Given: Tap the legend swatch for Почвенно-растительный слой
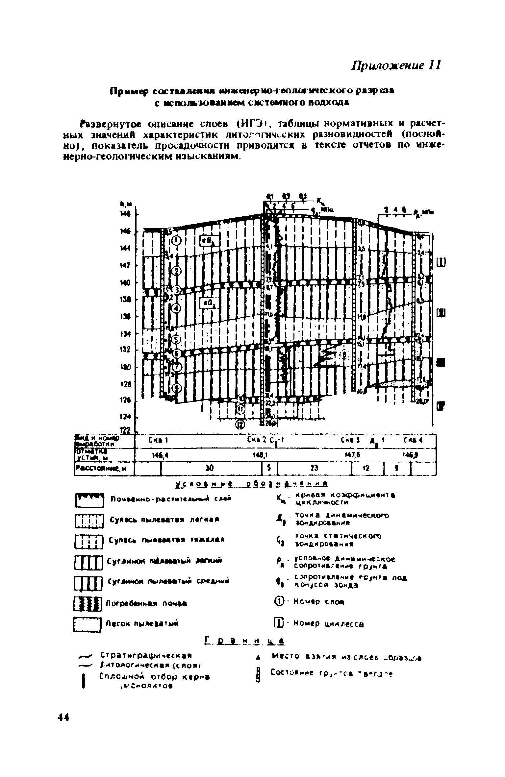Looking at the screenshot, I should tap(89, 500).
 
